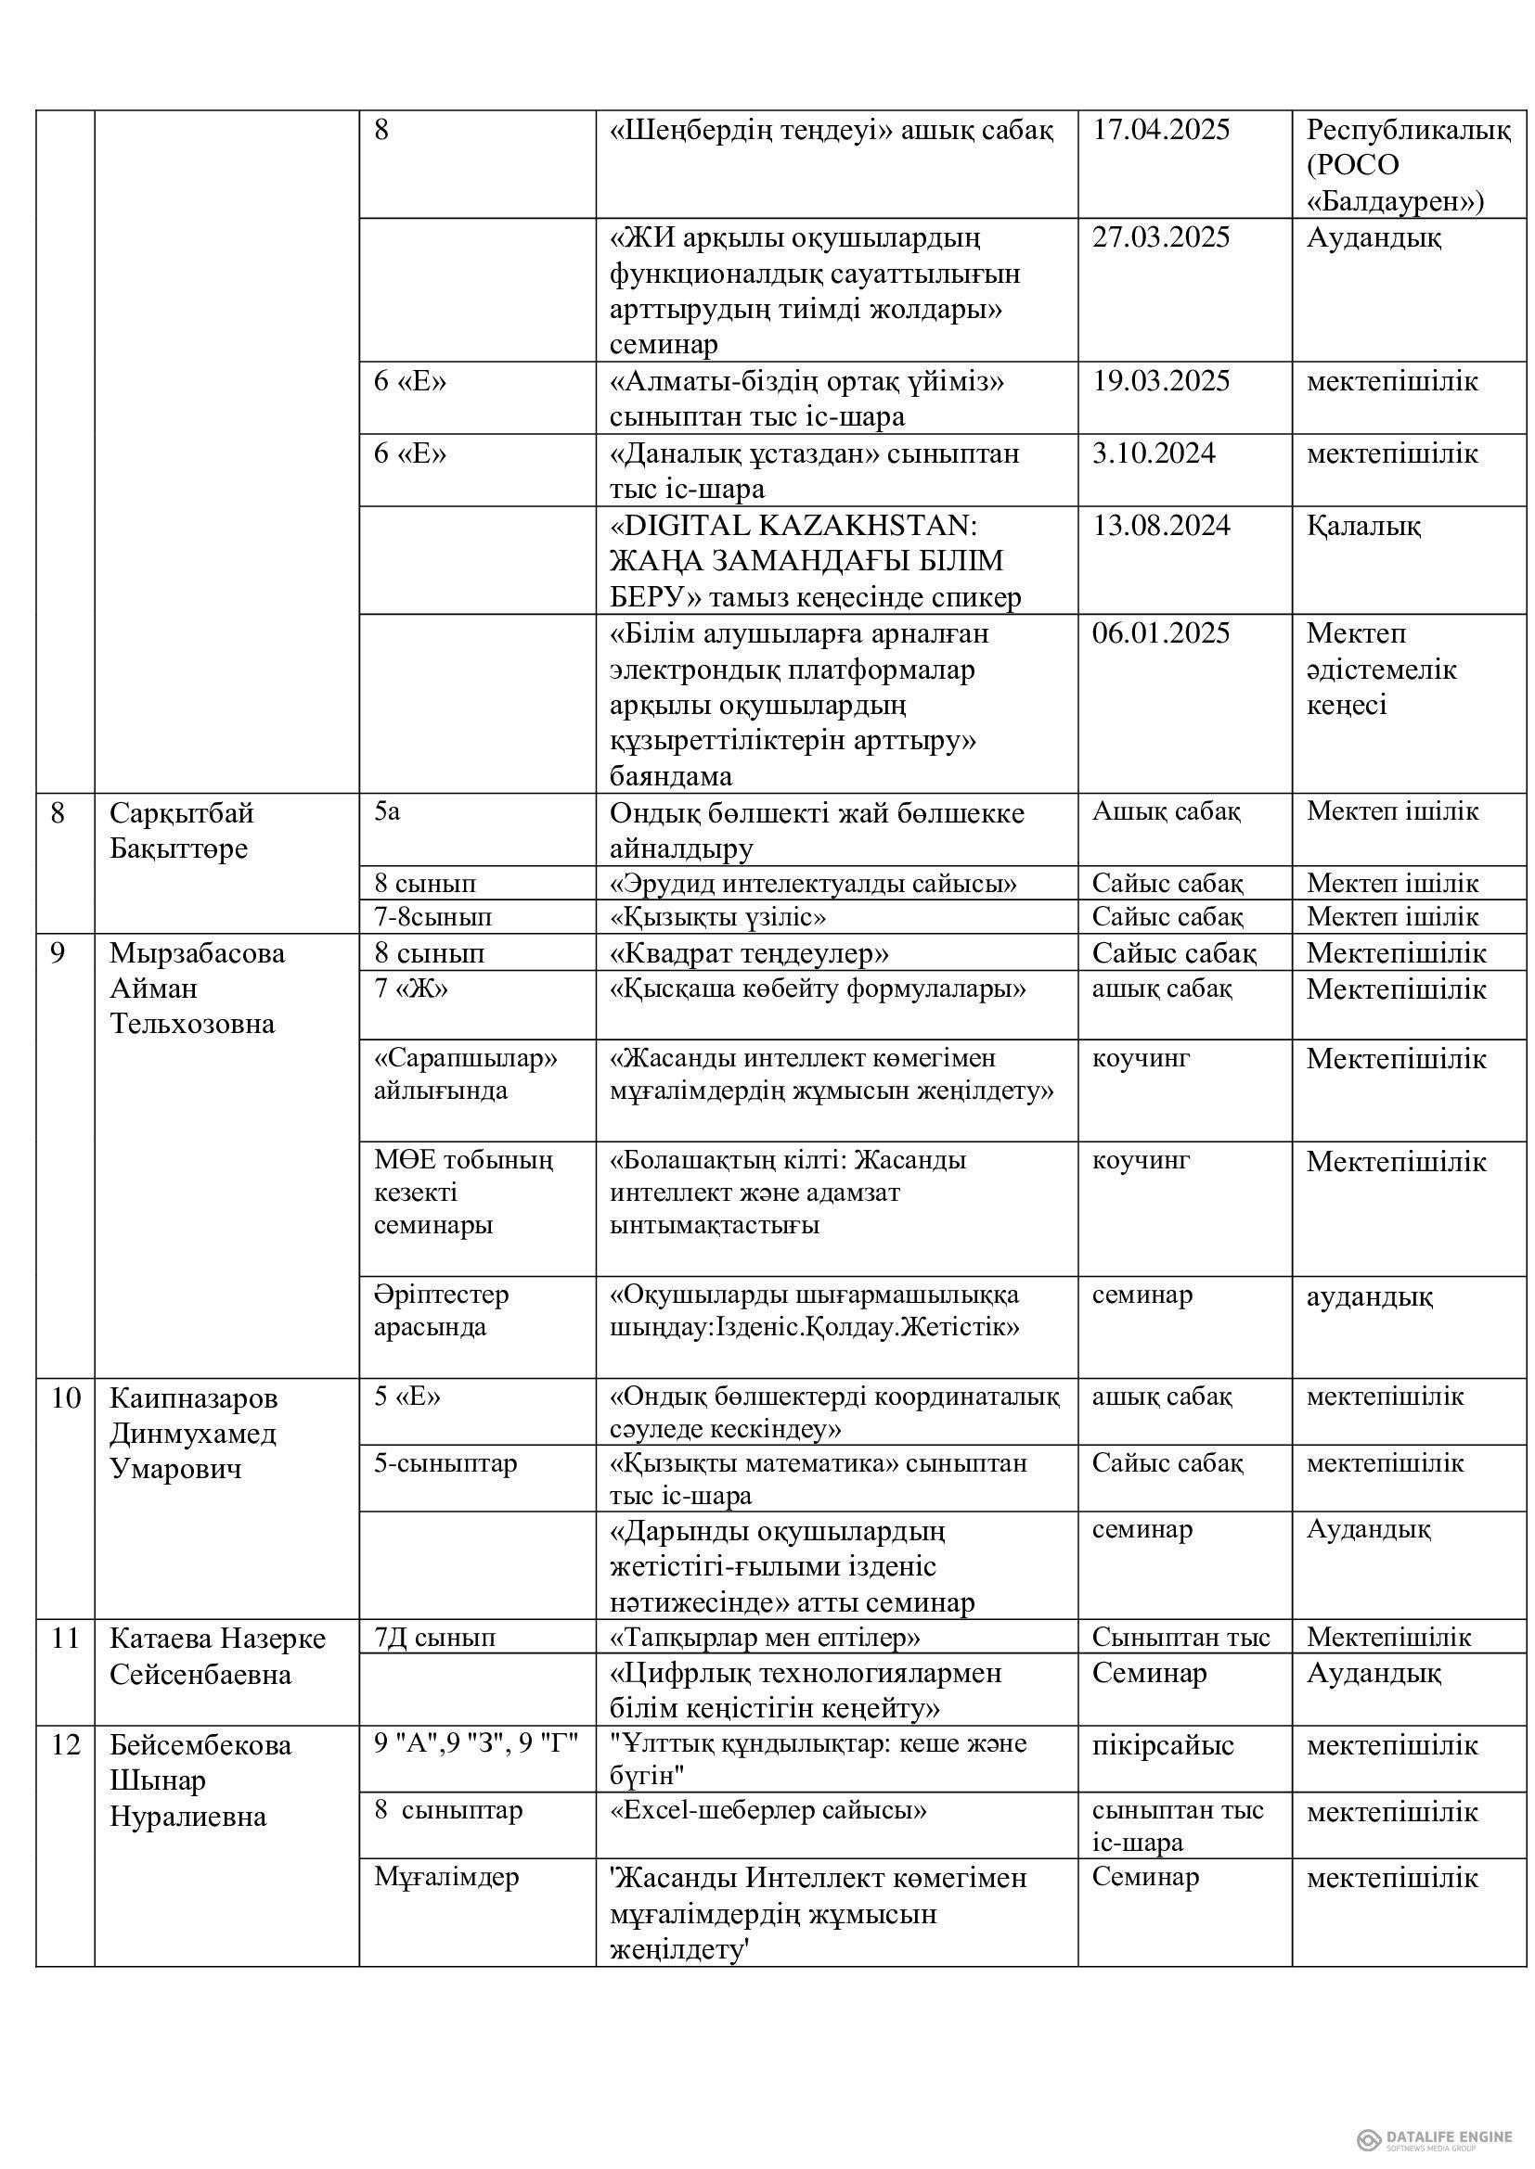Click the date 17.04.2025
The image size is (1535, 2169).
(1161, 131)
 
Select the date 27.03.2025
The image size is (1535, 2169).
(1161, 238)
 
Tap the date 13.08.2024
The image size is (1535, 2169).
(1161, 526)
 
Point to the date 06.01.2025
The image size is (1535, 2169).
(1161, 634)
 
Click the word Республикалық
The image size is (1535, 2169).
(1409, 131)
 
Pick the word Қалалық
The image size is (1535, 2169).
(1363, 526)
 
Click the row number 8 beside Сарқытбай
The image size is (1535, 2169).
(58, 813)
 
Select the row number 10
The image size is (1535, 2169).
(65, 1397)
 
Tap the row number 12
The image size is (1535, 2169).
(65, 1744)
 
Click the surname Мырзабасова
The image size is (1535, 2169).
(197, 953)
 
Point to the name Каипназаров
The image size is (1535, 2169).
(194, 1397)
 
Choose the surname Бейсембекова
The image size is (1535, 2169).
(200, 1744)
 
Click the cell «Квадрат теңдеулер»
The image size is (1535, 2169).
(749, 954)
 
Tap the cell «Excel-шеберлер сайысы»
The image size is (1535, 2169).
(767, 1811)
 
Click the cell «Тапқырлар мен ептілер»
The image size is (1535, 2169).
(765, 1637)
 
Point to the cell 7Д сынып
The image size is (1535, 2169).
(433, 1637)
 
